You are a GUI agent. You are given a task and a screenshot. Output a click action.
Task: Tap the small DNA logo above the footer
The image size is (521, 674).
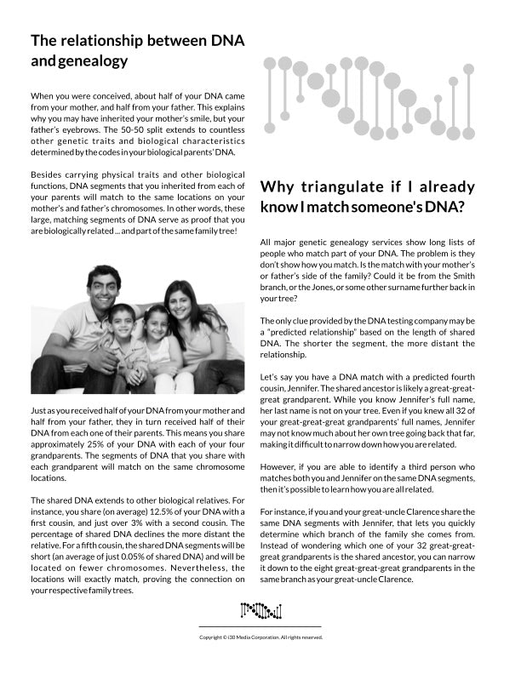pos(260,609)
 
